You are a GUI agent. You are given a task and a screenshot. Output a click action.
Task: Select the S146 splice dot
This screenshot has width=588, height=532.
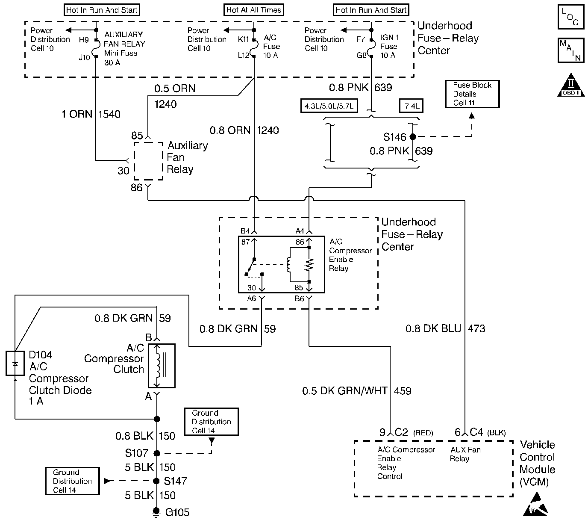(x=412, y=137)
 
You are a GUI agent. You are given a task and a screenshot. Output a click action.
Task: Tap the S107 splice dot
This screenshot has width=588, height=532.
(x=157, y=453)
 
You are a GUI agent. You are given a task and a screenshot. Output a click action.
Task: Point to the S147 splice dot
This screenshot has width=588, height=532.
(x=157, y=481)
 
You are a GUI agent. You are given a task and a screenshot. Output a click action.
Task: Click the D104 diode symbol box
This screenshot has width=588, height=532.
(x=15, y=363)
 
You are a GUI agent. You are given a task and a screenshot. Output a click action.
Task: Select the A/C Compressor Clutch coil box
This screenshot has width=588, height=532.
(x=161, y=365)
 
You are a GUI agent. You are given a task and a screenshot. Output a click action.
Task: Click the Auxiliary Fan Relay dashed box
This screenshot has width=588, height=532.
(x=148, y=161)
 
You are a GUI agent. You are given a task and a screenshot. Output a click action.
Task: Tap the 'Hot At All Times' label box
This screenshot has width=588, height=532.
(x=254, y=10)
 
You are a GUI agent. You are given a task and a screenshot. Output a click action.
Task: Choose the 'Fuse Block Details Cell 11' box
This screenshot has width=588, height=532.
(x=472, y=94)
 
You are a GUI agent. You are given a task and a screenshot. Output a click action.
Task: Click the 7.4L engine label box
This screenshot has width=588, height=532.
(x=411, y=106)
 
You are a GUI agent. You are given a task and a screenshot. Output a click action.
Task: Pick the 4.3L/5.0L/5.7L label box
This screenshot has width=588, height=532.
(x=329, y=106)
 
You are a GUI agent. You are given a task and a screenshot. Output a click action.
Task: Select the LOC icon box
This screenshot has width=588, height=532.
(x=571, y=17)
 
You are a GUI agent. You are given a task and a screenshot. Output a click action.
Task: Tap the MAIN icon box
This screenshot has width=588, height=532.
(x=571, y=50)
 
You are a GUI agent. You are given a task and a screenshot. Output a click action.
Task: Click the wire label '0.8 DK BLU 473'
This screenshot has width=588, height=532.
(x=445, y=328)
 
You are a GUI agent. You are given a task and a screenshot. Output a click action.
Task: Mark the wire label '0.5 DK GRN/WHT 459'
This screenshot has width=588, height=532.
(x=356, y=390)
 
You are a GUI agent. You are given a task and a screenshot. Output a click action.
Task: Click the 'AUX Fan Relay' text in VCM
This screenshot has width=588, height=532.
(x=465, y=454)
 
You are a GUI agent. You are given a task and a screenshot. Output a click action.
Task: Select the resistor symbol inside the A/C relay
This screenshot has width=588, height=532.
(x=309, y=265)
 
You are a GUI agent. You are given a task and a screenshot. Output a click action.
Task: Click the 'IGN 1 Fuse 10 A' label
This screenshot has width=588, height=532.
(x=389, y=46)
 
